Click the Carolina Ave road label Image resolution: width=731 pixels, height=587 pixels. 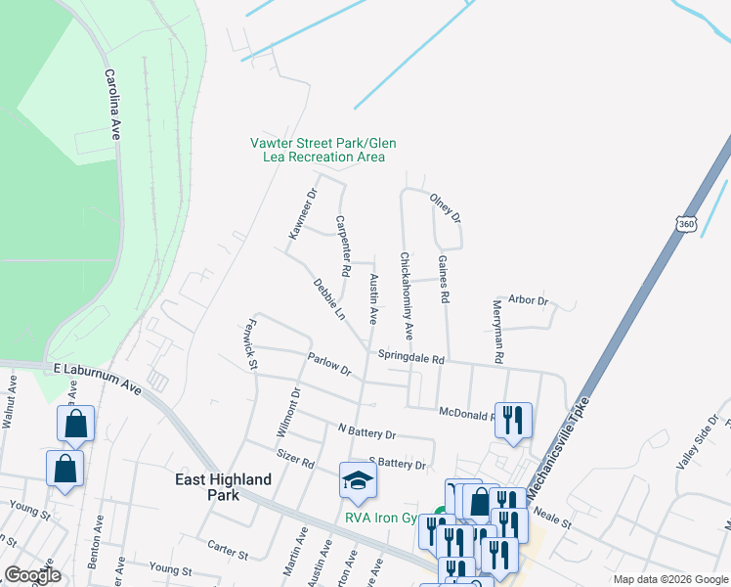pos(112,105)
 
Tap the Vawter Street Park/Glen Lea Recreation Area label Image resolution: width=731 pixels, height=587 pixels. pos(322,150)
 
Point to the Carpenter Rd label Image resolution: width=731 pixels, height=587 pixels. pos(342,244)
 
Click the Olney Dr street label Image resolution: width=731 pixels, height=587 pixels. pos(446,207)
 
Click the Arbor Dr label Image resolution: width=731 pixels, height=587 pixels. pos(529,300)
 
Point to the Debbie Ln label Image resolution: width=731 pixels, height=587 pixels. pos(329,299)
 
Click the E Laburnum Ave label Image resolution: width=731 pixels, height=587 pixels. pos(98,377)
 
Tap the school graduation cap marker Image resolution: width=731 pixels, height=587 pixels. pos(358,479)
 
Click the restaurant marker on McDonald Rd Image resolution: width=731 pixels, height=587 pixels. pos(513,420)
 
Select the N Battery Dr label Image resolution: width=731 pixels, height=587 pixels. pos(366,431)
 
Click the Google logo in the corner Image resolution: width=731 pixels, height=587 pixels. pos(32,575)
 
